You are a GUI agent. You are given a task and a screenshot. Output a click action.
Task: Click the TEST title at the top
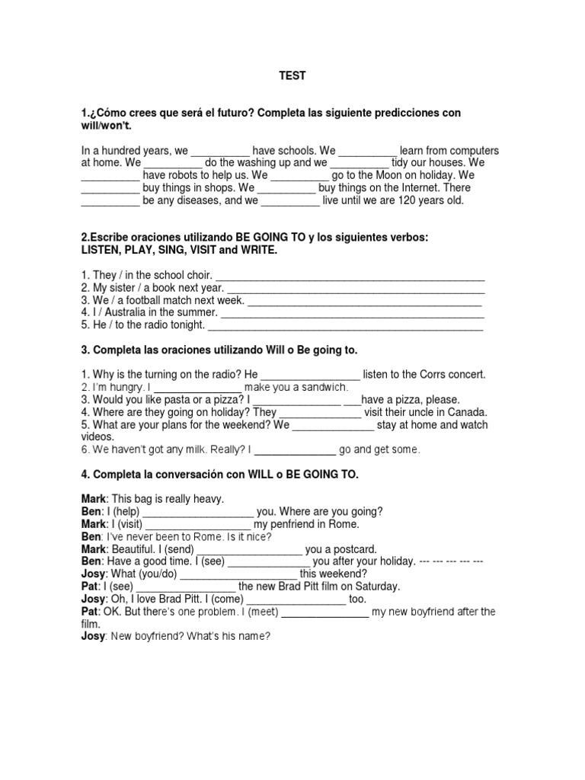point(292,76)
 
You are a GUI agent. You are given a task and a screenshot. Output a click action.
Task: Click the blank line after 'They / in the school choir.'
point(351,276)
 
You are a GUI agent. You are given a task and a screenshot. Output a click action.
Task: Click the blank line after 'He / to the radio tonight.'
point(345,324)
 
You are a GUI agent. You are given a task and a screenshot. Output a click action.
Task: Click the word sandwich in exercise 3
point(325,387)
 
